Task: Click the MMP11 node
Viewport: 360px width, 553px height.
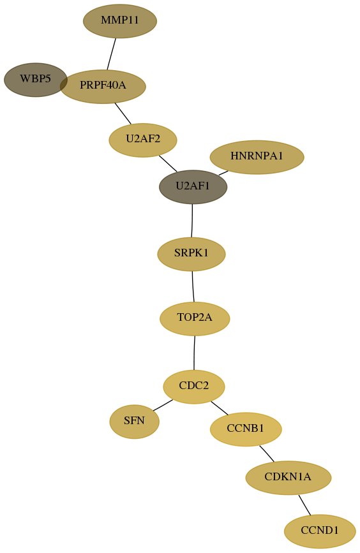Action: [120, 21]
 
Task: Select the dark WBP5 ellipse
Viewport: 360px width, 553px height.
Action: [35, 80]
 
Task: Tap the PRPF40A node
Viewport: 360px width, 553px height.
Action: [103, 86]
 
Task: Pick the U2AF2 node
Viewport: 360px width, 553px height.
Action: [143, 140]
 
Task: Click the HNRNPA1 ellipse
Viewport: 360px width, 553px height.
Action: [257, 157]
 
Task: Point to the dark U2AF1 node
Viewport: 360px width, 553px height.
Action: [193, 187]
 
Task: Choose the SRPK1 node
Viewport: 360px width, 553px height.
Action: [191, 254]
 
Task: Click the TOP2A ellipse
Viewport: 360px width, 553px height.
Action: [195, 318]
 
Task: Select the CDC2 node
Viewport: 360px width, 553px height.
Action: [194, 387]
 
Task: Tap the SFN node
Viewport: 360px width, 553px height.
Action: [135, 422]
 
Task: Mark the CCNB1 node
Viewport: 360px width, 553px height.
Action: [246, 429]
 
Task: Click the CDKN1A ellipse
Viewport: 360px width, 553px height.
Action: [289, 478]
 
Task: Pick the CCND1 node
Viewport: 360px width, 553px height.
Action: [320, 531]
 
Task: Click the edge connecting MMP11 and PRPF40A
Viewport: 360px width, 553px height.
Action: [112, 54]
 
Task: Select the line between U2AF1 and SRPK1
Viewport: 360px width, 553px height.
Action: [192, 221]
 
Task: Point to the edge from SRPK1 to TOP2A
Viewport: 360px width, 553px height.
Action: [193, 286]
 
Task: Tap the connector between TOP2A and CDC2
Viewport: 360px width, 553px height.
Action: [194, 353]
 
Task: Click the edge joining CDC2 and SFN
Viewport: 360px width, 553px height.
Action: [163, 405]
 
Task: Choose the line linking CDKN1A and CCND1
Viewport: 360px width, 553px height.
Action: [304, 505]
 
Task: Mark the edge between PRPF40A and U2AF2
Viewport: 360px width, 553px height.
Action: [123, 114]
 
